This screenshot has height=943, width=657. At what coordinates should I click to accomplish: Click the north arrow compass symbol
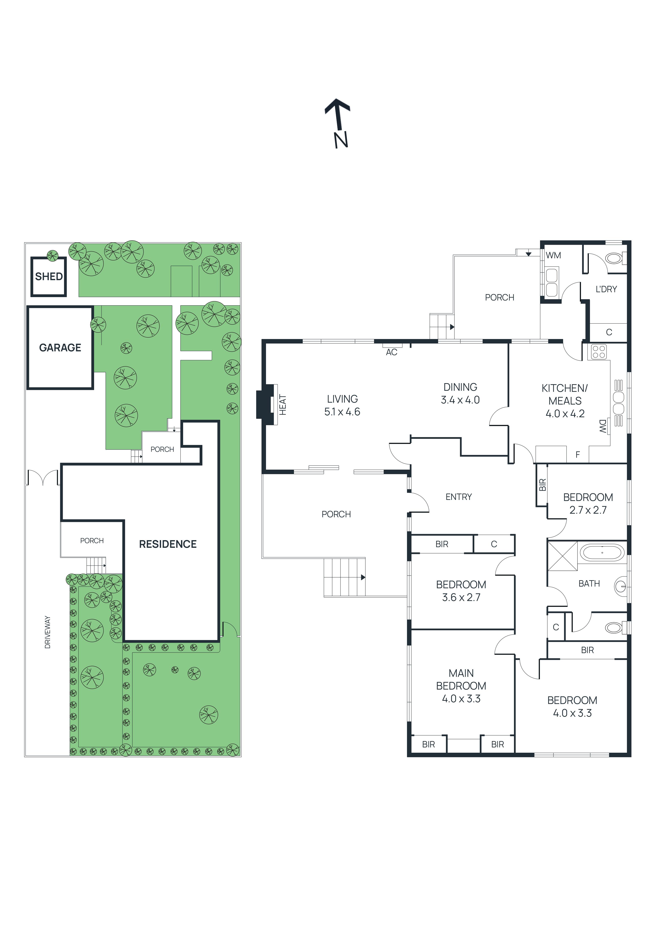pyautogui.click(x=338, y=122)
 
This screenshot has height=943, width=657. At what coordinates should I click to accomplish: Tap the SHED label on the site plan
pyautogui.click(x=49, y=276)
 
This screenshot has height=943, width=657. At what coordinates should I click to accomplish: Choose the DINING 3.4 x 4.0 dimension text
pyautogui.click(x=460, y=400)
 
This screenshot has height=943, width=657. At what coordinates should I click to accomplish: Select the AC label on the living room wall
pyautogui.click(x=391, y=352)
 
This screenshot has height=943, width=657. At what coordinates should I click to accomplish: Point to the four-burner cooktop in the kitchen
pyautogui.click(x=599, y=352)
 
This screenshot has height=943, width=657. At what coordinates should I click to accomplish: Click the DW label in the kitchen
pyautogui.click(x=602, y=426)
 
